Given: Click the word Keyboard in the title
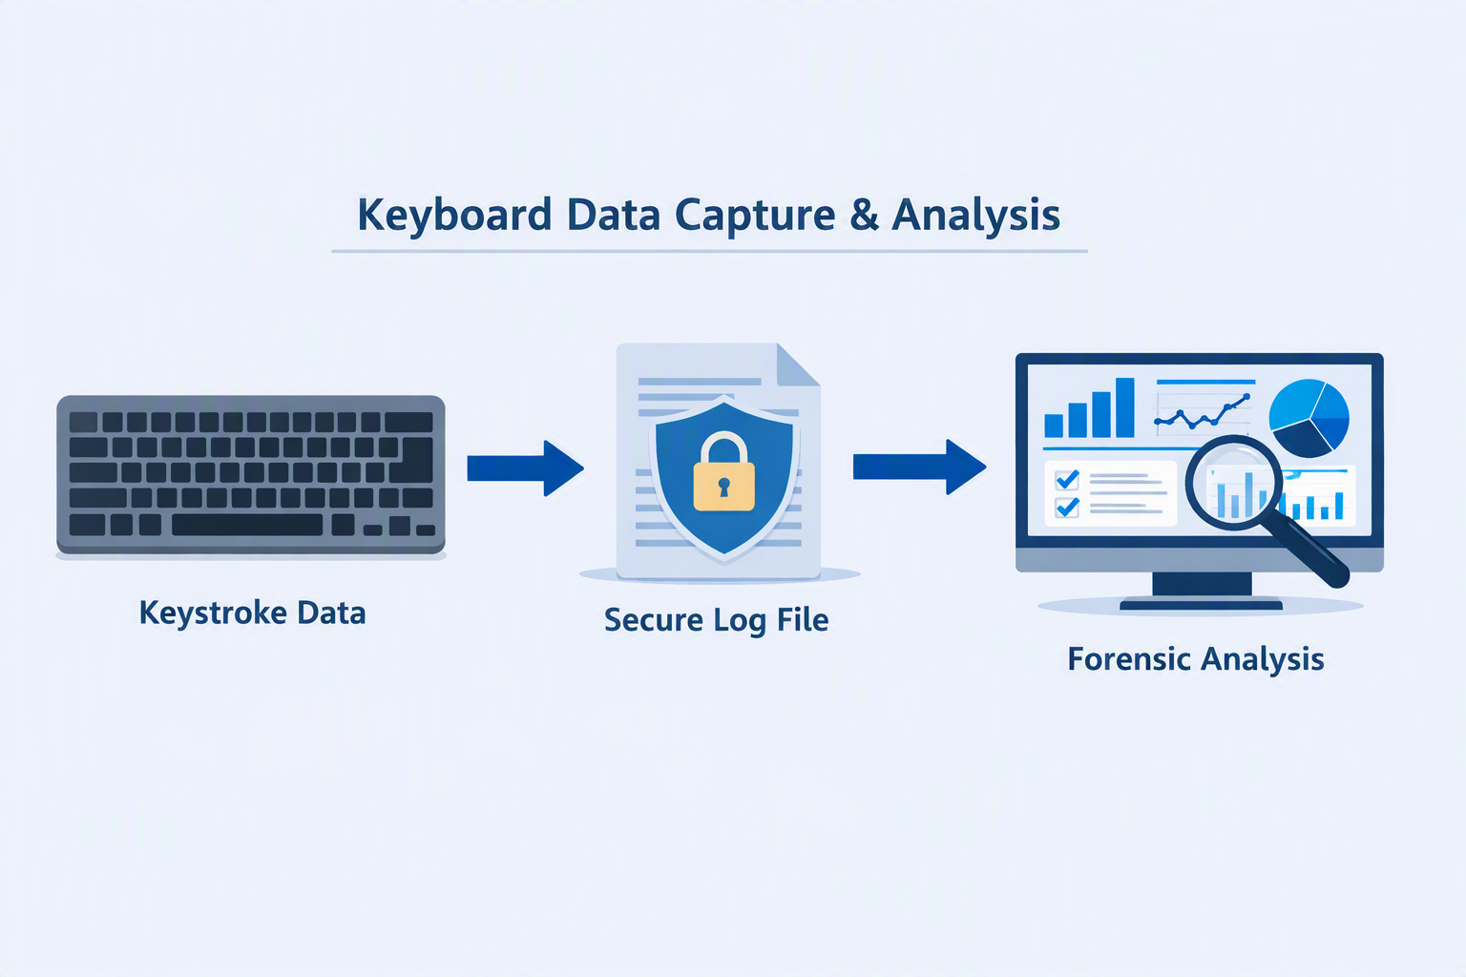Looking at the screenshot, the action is click(454, 216).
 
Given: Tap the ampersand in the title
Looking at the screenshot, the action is click(864, 214).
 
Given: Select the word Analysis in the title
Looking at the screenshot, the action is click(975, 216).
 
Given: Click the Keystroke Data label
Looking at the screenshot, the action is click(252, 613).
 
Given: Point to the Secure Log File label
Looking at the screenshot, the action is click(716, 620).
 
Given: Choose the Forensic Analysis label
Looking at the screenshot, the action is click(1196, 659).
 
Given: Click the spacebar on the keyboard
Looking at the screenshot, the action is click(247, 525).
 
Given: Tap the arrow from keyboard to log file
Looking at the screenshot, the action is click(525, 468).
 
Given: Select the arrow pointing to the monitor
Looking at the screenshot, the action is click(919, 467).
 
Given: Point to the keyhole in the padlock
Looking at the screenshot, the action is click(723, 487).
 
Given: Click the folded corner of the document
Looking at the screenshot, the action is click(797, 365).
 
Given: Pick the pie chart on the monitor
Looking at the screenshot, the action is click(1309, 418).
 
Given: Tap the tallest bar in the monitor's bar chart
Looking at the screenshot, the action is click(1124, 407).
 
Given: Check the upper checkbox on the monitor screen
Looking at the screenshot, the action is click(1067, 480).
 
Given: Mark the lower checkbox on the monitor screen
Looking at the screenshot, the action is click(1067, 508).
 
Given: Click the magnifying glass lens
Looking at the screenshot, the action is click(1234, 481).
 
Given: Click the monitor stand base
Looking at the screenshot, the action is click(1201, 605).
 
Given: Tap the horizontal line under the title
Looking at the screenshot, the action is click(709, 251).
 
